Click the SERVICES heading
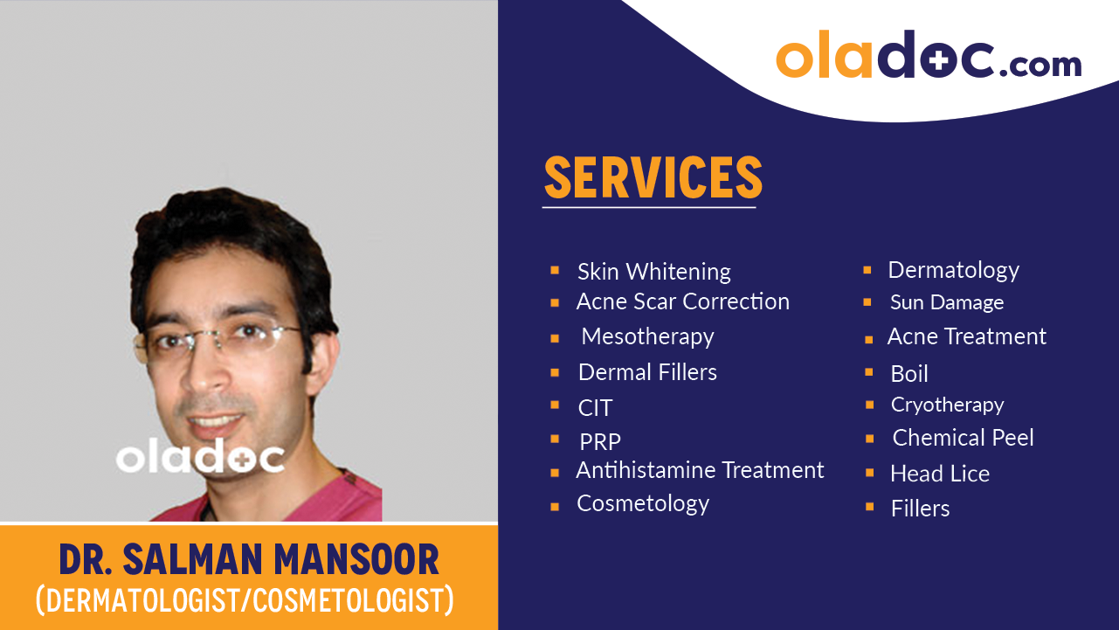coord(653,177)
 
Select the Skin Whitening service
coord(653,272)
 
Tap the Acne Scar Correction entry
coord(682,301)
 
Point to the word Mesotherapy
coord(647,336)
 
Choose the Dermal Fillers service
coord(647,372)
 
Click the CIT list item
coord(595,408)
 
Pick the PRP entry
coord(600,442)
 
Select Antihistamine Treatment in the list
coord(700,470)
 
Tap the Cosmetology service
coord(643,504)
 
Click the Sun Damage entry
coord(947,302)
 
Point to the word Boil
coord(909,374)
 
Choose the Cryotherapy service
coord(947,405)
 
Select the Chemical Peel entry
coord(963,438)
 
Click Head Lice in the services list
coord(940,474)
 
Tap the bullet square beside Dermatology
coord(867,271)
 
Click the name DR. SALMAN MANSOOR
coord(249,559)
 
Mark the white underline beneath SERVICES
coord(649,207)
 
